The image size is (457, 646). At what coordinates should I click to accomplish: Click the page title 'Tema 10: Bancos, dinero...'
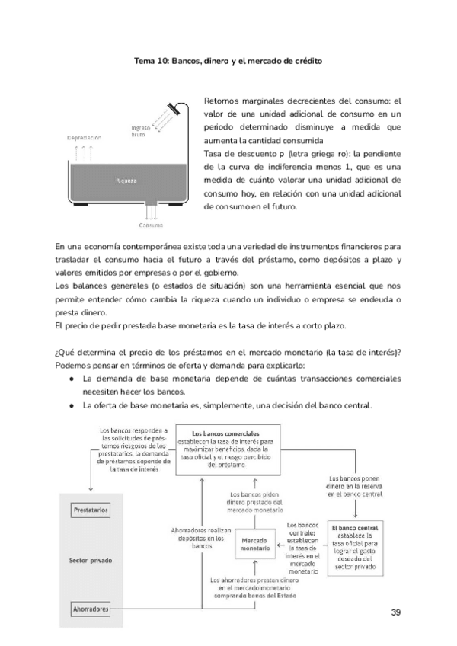click(x=228, y=60)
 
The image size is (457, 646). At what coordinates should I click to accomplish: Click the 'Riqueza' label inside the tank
click(x=126, y=181)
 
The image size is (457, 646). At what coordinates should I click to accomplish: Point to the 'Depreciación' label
click(x=84, y=137)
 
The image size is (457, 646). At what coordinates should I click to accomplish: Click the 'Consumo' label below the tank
click(x=151, y=225)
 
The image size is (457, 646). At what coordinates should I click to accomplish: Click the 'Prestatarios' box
click(x=91, y=508)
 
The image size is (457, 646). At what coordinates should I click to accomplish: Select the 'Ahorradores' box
click(x=91, y=609)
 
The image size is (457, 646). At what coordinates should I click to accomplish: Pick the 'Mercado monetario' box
click(x=254, y=544)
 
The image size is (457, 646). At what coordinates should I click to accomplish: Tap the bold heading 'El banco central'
click(x=356, y=527)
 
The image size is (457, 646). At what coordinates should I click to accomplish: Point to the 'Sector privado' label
click(x=91, y=560)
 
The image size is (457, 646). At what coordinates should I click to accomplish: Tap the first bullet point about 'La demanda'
click(x=71, y=379)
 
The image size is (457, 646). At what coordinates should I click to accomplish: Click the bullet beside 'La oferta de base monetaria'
click(x=71, y=405)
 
